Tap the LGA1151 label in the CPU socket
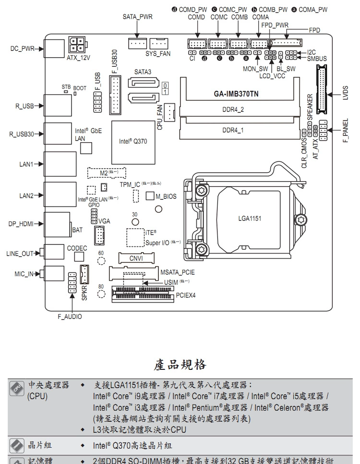(250, 219)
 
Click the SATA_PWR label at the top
(137, 17)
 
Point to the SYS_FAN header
(158, 43)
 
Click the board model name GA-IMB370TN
(236, 94)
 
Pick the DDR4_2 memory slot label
(233, 109)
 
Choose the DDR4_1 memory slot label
(233, 130)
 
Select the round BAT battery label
(77, 230)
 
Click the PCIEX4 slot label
(186, 295)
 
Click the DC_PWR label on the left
(21, 49)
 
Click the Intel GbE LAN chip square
(85, 148)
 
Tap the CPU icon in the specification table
(16, 388)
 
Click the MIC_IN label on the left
(24, 274)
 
